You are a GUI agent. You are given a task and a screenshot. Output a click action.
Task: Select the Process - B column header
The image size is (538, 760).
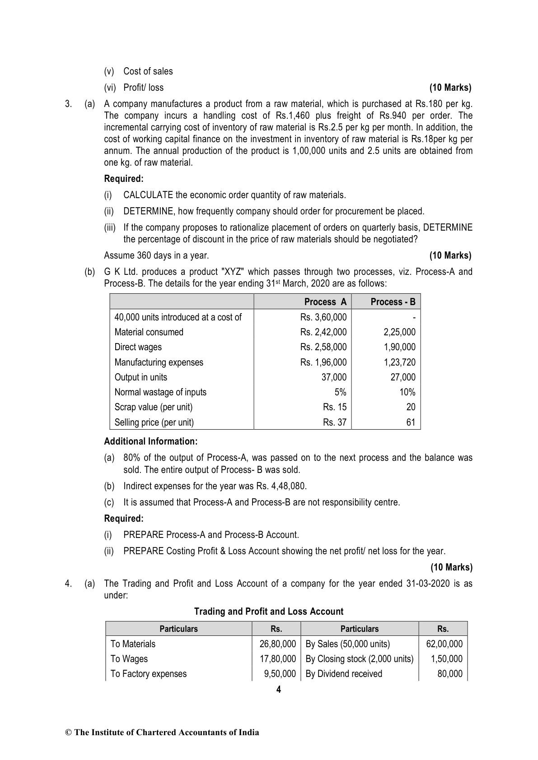coord(393,302)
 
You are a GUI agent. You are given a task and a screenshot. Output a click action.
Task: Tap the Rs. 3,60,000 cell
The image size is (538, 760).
coord(323,317)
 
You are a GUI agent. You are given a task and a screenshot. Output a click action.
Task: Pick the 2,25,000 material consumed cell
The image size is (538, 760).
coord(399,332)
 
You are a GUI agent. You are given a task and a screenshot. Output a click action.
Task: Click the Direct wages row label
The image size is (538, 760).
coord(138,347)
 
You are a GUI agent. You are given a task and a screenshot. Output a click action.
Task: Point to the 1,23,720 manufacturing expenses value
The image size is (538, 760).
coord(399,362)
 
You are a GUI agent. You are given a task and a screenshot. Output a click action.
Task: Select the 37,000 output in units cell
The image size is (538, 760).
coord(334,377)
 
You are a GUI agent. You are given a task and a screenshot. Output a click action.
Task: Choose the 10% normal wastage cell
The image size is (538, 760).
coord(407,392)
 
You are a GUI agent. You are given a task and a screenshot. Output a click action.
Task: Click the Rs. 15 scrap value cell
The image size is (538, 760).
coord(335,407)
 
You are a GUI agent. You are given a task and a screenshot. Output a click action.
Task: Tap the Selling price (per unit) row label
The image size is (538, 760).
coord(154,422)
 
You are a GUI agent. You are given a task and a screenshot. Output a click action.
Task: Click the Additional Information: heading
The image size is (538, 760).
coord(151,441)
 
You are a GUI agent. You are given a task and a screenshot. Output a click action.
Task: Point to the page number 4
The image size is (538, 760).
coord(278,690)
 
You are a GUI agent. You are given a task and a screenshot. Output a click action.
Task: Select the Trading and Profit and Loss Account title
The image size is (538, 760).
coord(269,612)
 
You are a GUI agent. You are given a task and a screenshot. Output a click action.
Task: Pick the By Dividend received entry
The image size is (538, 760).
coord(344,674)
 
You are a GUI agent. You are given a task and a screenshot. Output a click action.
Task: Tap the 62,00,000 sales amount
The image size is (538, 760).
coord(444,644)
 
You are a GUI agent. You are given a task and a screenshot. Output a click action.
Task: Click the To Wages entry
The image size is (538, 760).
coord(129,659)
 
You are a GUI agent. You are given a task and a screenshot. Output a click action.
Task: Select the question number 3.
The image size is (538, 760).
coord(68,104)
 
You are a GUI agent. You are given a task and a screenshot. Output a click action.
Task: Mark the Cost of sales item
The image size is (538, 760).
coord(148,71)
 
